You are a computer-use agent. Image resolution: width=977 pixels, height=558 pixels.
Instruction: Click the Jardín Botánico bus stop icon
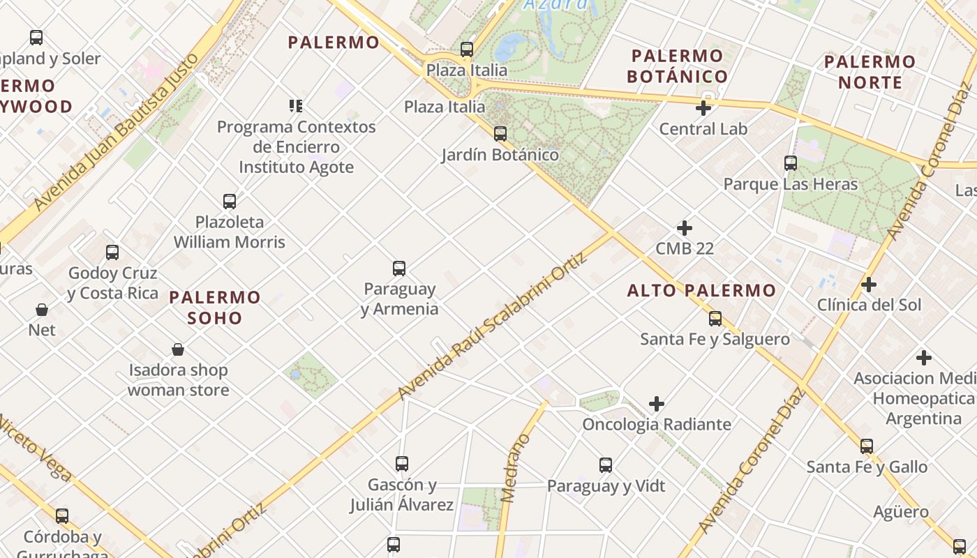500,133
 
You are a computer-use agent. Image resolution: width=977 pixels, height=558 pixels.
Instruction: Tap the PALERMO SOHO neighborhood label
215,308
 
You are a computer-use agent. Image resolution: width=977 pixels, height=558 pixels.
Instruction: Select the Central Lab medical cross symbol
703,108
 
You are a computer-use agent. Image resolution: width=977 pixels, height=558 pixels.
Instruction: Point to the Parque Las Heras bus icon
791,163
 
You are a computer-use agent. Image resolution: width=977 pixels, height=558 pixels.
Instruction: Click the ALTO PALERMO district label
701,291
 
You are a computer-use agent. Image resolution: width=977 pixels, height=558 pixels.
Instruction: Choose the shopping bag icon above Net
42,309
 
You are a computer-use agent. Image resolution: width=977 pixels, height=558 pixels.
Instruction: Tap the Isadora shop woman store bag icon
178,349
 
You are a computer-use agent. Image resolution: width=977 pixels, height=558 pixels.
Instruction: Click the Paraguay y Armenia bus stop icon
399,268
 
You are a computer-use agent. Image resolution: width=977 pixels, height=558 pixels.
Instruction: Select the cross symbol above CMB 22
685,228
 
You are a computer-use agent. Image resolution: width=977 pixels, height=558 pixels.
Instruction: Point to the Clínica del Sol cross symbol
869,285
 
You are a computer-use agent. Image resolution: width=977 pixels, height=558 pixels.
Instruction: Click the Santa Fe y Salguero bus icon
715,319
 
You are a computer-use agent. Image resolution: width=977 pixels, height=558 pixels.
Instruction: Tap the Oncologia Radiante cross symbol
657,404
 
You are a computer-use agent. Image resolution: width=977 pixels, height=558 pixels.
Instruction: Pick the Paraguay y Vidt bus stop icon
606,465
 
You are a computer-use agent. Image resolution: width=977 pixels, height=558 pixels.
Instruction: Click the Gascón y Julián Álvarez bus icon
402,463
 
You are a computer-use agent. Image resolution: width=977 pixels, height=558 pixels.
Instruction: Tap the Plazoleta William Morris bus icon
230,202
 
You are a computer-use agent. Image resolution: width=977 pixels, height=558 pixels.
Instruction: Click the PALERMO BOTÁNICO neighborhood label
677,66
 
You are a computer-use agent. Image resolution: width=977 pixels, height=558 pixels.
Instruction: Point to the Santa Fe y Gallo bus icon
867,446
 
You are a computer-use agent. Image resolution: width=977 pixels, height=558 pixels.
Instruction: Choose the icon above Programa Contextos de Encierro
296,106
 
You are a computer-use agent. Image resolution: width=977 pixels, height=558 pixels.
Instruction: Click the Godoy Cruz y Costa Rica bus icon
112,252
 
